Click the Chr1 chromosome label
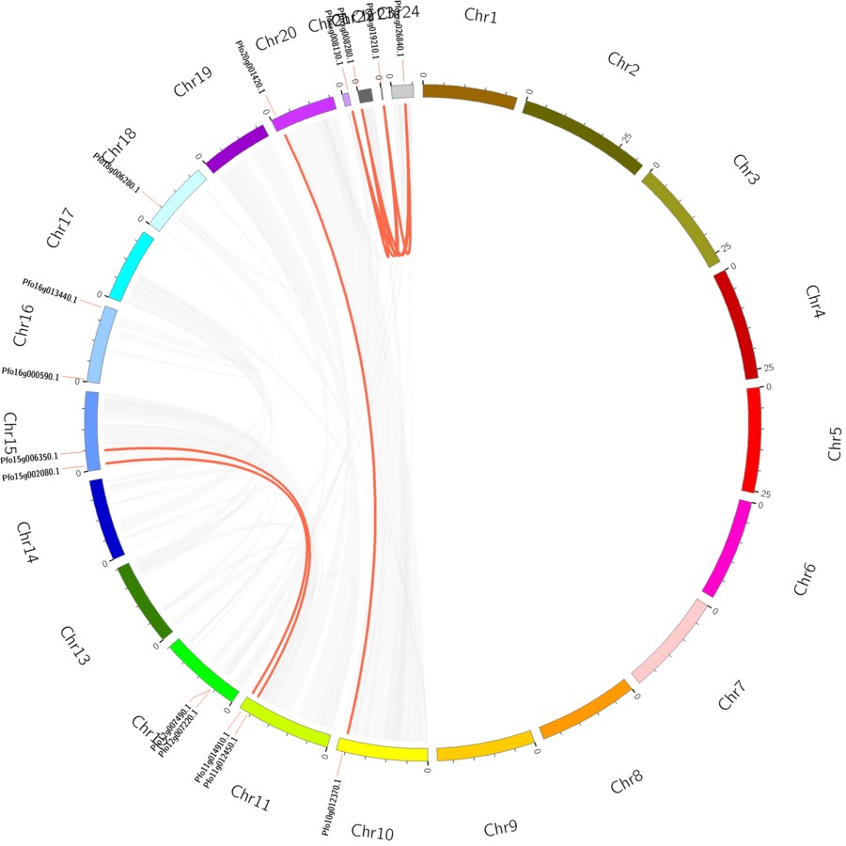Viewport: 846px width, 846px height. (x=480, y=16)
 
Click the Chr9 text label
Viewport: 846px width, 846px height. (x=500, y=828)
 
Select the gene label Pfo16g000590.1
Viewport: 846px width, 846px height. (x=30, y=374)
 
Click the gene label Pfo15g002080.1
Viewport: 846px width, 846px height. (x=30, y=477)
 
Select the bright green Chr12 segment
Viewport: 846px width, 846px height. (x=203, y=669)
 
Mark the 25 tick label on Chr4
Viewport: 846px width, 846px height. (x=768, y=368)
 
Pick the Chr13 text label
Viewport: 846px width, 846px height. (x=75, y=647)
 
